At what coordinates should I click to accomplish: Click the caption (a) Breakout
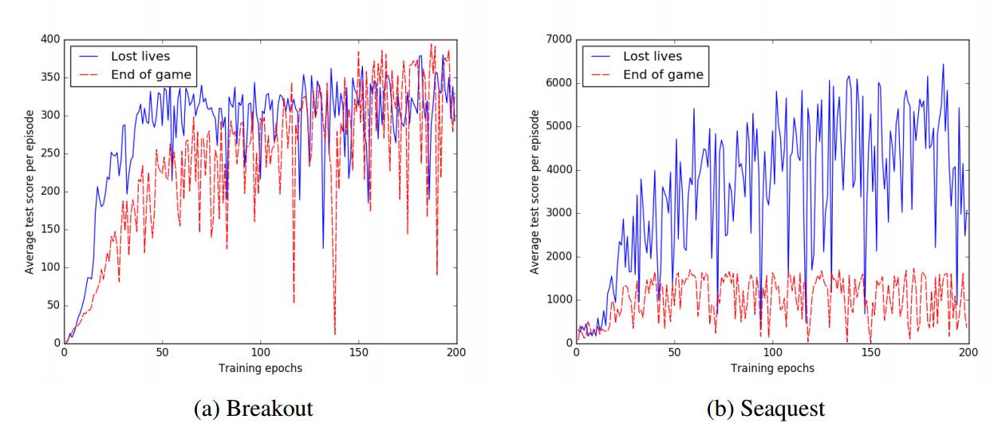(254, 409)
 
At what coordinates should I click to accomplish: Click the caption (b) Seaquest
(766, 409)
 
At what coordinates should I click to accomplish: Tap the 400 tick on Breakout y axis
(50, 39)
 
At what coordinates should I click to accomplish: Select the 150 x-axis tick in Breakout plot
(358, 352)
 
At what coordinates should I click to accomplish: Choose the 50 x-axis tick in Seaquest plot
(674, 352)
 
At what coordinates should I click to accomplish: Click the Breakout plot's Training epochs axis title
(260, 368)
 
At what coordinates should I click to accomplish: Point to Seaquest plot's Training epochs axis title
(772, 368)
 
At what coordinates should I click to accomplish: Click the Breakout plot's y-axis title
(30, 192)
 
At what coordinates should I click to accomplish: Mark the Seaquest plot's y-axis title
(535, 192)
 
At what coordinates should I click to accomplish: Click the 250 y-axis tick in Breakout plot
(50, 153)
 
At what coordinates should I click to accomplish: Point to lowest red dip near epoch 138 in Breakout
(335, 334)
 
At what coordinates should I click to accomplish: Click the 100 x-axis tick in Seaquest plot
(772, 352)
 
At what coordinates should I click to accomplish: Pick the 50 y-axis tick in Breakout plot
(53, 305)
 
